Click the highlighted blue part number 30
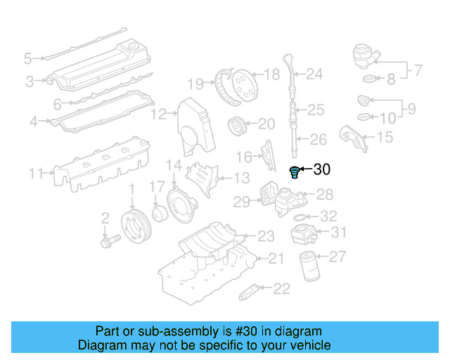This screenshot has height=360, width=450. pos(295,171)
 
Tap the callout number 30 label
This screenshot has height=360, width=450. pos(322,169)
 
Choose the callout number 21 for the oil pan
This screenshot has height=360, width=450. pos(276,259)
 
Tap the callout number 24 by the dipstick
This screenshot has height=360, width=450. pos(314,73)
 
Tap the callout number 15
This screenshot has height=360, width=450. pos(385,137)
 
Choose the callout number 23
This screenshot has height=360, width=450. pos(265,236)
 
